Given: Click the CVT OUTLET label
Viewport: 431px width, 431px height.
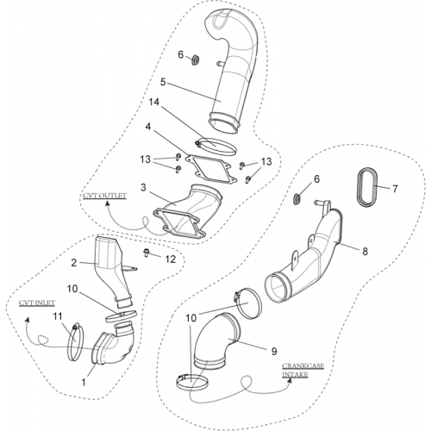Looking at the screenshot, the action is pyautogui.click(x=104, y=196).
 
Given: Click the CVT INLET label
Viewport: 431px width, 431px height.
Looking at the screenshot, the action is pyautogui.click(x=37, y=303).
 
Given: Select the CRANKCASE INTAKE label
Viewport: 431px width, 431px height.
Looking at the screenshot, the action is pyautogui.click(x=303, y=371).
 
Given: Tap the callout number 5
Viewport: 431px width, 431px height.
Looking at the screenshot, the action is pyautogui.click(x=163, y=82).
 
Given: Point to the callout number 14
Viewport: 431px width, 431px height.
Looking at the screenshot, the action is pyautogui.click(x=154, y=102).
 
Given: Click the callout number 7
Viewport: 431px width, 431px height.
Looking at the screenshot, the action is pyautogui.click(x=395, y=189).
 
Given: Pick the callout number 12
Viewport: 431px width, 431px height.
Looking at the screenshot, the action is pyautogui.click(x=171, y=259).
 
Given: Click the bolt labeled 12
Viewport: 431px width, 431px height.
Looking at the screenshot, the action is pyautogui.click(x=147, y=253).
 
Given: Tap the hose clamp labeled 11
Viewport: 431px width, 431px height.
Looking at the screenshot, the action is pyautogui.click(x=69, y=342).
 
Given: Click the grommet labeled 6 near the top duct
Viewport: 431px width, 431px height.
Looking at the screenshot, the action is pyautogui.click(x=196, y=60).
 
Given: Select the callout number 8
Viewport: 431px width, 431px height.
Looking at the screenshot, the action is pyautogui.click(x=365, y=252).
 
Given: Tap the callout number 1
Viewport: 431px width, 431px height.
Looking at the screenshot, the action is pyautogui.click(x=84, y=383).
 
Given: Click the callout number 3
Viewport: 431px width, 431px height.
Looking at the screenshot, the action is pyautogui.click(x=143, y=188).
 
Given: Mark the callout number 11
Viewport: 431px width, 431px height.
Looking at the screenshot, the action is pyautogui.click(x=58, y=316).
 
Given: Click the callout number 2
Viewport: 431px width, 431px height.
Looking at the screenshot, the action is pyautogui.click(x=74, y=263).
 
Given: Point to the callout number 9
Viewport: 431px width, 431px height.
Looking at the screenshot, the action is pyautogui.click(x=274, y=351).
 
